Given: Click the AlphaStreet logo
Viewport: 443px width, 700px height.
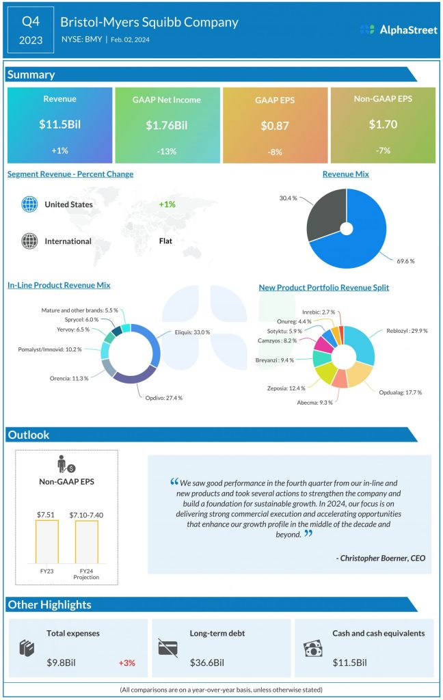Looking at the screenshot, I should [397, 29].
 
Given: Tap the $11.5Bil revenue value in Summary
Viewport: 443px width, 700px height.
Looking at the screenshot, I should [59, 125].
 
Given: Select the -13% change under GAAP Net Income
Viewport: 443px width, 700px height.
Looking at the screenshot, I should [167, 150].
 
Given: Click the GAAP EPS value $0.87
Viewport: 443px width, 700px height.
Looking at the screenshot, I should [274, 125].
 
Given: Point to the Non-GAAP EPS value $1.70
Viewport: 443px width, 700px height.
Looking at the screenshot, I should [382, 124].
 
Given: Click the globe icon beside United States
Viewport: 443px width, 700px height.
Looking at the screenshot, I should [29, 204].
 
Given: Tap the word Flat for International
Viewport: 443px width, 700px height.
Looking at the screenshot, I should [167, 241].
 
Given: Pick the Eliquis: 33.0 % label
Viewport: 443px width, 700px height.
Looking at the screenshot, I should [191, 332].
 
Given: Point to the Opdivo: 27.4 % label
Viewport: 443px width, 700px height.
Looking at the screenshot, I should [163, 397].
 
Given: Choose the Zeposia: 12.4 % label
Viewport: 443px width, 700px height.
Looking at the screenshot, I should [286, 388].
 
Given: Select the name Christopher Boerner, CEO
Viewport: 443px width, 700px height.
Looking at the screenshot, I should [381, 558].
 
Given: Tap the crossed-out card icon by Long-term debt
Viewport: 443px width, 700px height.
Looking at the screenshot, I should [167, 647].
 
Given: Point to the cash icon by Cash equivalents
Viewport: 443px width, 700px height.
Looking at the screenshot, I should [312, 648].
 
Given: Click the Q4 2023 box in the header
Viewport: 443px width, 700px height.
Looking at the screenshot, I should [31, 30].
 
